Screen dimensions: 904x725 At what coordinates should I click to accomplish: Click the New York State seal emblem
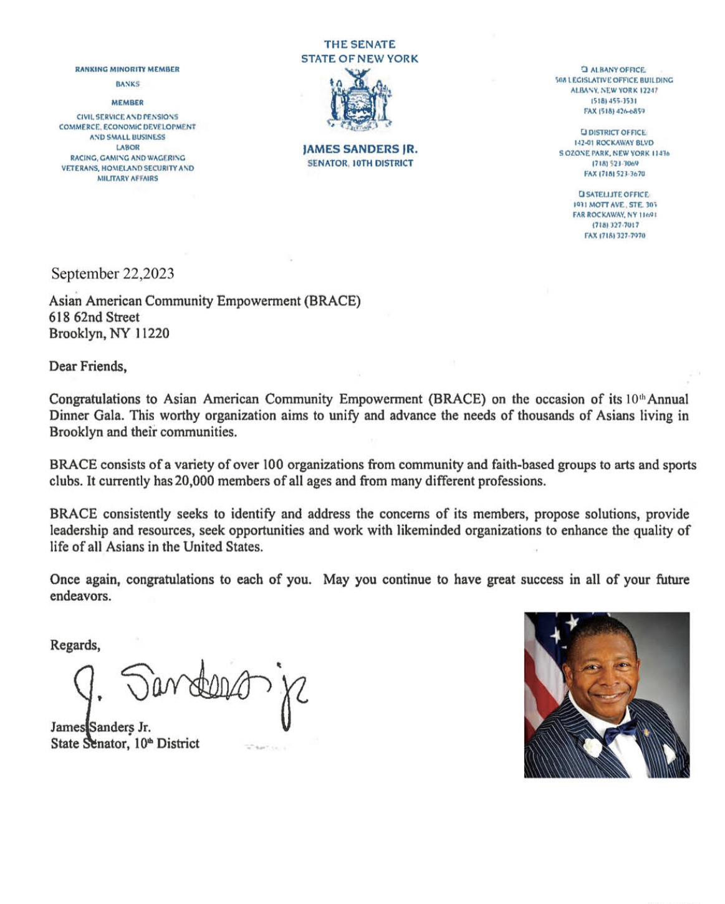(x=360, y=99)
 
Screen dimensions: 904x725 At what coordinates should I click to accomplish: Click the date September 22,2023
(x=112, y=274)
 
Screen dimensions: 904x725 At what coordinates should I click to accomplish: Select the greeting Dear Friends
(x=88, y=366)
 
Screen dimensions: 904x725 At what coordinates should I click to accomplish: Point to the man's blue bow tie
(x=620, y=730)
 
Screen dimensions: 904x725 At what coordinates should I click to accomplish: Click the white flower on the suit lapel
(x=592, y=746)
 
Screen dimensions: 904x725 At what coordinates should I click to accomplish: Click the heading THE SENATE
(x=360, y=44)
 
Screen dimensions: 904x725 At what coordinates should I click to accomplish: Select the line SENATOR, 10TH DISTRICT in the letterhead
(x=360, y=163)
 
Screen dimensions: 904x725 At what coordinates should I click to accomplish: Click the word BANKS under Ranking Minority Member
(x=127, y=84)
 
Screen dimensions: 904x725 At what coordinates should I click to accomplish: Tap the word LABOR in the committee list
(x=127, y=148)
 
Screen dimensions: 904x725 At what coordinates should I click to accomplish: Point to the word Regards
(x=75, y=645)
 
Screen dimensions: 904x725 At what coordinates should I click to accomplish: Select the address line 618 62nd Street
(x=94, y=317)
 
